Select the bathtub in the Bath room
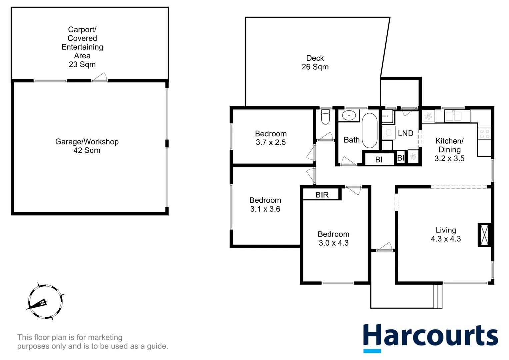369,130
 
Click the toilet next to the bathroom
325,117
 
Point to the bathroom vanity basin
349,116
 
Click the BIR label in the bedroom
322,195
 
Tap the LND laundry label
405,133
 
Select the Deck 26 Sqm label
315,62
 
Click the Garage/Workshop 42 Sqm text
87,146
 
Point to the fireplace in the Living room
484,235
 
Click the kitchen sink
453,116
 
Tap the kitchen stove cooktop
485,134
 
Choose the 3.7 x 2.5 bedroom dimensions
271,142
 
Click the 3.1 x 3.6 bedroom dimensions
265,209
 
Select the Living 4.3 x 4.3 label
446,234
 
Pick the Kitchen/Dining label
449,145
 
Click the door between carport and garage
100,78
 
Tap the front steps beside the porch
438,296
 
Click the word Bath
351,140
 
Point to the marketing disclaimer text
93,342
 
